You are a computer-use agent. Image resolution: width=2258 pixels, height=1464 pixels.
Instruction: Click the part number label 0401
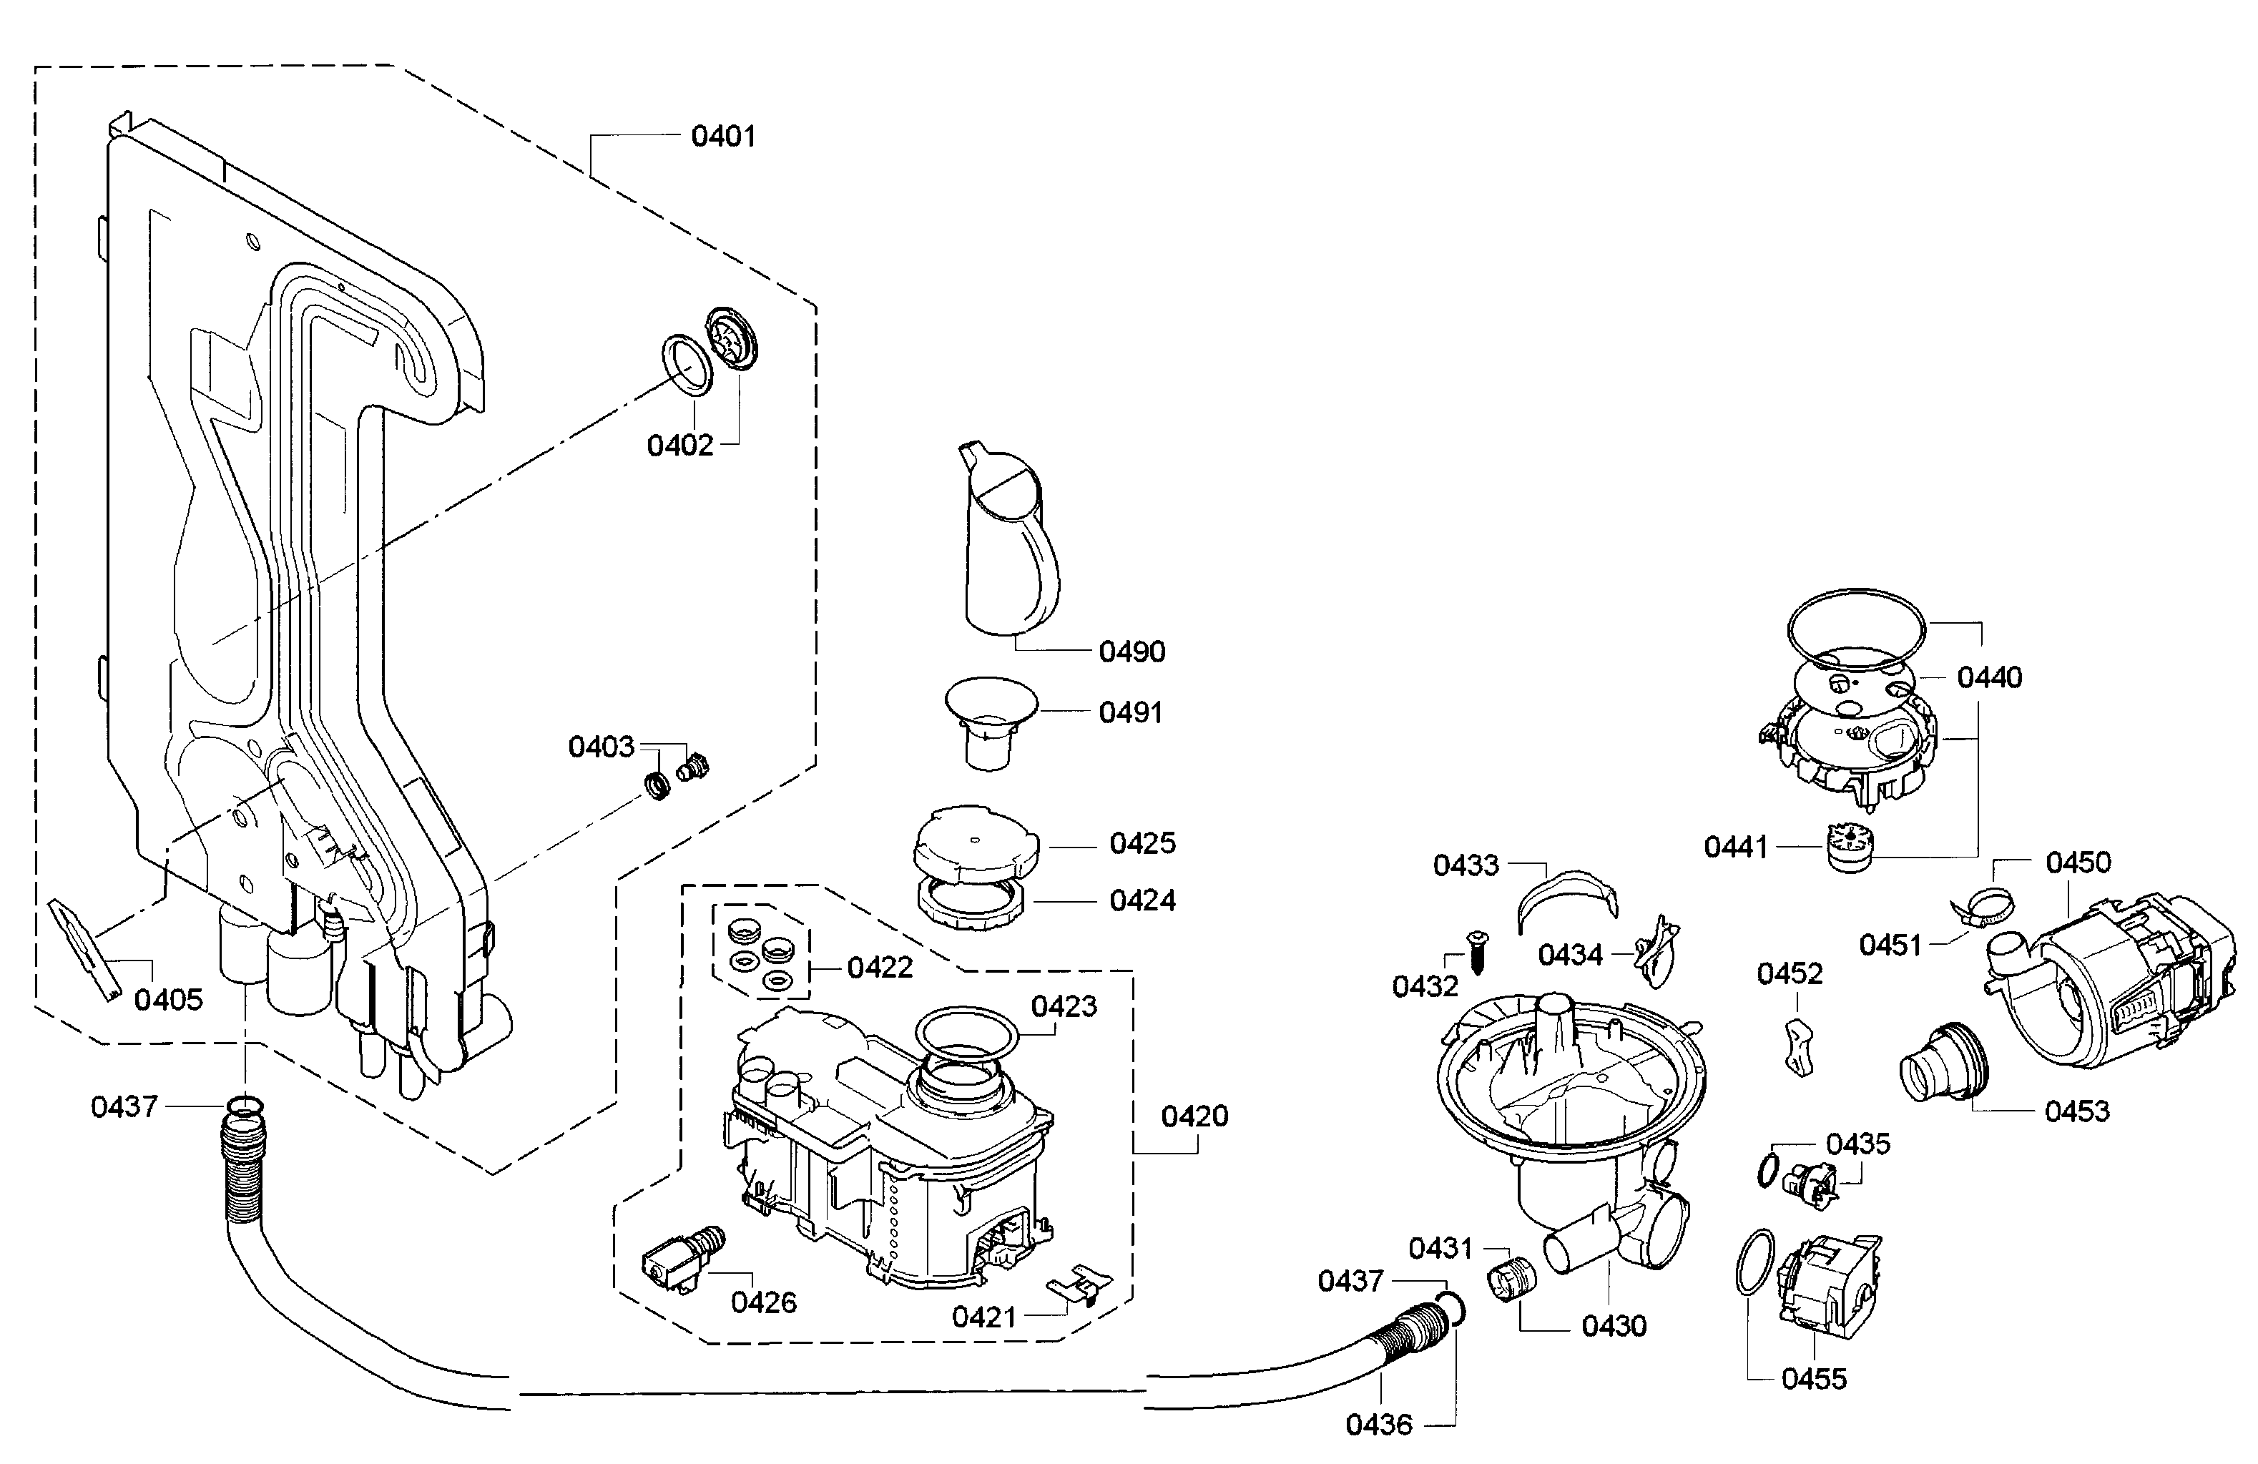tap(723, 137)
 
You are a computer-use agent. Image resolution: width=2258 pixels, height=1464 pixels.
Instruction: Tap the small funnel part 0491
tap(991, 721)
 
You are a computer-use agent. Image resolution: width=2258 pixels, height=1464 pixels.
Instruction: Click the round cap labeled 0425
tap(976, 842)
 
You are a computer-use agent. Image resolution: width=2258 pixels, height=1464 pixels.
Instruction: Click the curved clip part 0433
tap(1566, 893)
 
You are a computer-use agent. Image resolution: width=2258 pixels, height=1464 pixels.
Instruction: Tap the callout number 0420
tap(1194, 1116)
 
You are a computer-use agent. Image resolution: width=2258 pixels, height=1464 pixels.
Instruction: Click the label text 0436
tap(1378, 1424)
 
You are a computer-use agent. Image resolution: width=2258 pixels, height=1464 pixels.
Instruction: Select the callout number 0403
tap(601, 747)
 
